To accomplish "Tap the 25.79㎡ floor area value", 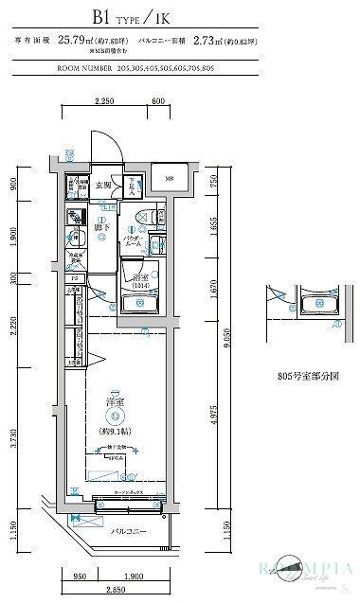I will (74, 41).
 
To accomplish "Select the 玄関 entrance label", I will (108, 186).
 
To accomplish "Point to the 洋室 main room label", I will (114, 402).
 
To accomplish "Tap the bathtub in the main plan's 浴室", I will (141, 303).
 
